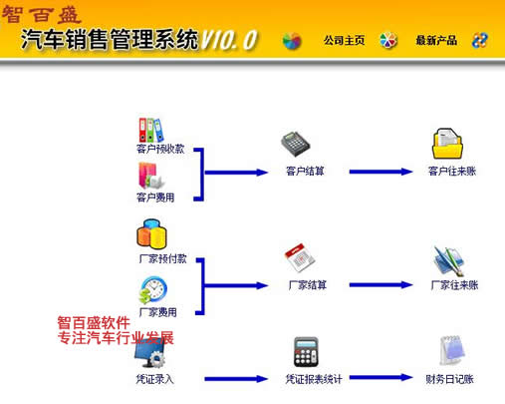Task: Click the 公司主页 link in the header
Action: [345, 41]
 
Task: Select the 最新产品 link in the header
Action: [436, 41]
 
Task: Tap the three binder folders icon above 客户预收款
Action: [151, 130]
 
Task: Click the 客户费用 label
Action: [155, 198]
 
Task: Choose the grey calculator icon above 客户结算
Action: [295, 145]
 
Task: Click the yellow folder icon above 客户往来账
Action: [447, 144]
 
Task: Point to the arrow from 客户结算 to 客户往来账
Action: [380, 172]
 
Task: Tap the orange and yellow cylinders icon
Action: [151, 234]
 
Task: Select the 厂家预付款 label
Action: [162, 258]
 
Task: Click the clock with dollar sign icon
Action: [152, 290]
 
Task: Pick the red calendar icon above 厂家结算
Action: [300, 258]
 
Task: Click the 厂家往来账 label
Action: [454, 285]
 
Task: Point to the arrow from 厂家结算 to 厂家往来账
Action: [380, 285]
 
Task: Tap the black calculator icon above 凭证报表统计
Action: [306, 352]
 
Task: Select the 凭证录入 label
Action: [154, 379]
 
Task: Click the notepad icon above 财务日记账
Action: [451, 351]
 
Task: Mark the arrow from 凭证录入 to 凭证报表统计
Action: [236, 379]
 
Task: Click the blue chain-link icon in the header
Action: [480, 41]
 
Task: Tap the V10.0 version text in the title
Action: [229, 40]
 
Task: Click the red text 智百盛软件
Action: [94, 323]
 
